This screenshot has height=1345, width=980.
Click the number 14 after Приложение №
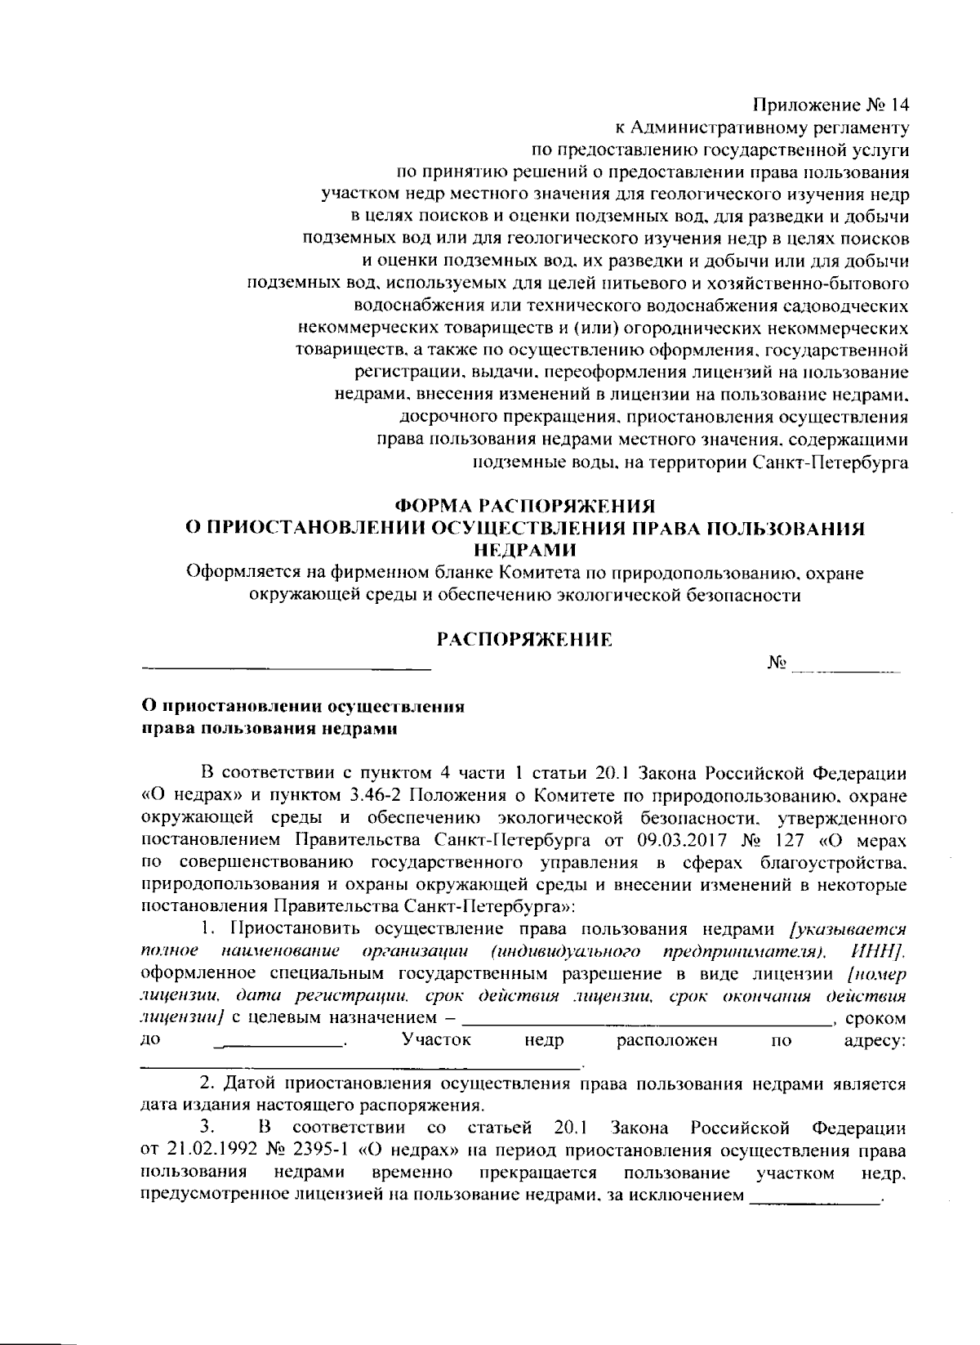pos(894,106)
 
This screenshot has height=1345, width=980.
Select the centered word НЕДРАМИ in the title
pos(525,550)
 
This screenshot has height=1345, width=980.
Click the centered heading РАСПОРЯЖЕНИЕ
pos(524,640)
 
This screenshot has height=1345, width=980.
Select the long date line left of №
pos(286,670)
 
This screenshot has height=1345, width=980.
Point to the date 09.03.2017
pos(675,839)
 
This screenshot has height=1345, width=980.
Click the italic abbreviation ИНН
pos(876,952)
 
